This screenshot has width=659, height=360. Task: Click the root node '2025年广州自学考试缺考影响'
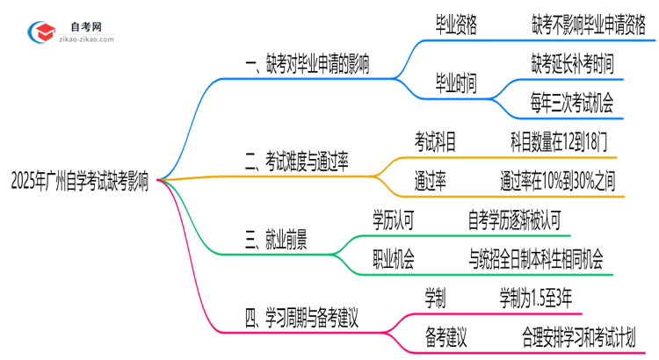coord(80,184)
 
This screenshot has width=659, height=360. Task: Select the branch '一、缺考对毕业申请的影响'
coord(308,64)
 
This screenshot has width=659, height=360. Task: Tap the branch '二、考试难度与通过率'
coord(296,161)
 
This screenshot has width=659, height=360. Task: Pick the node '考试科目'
coord(436,140)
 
